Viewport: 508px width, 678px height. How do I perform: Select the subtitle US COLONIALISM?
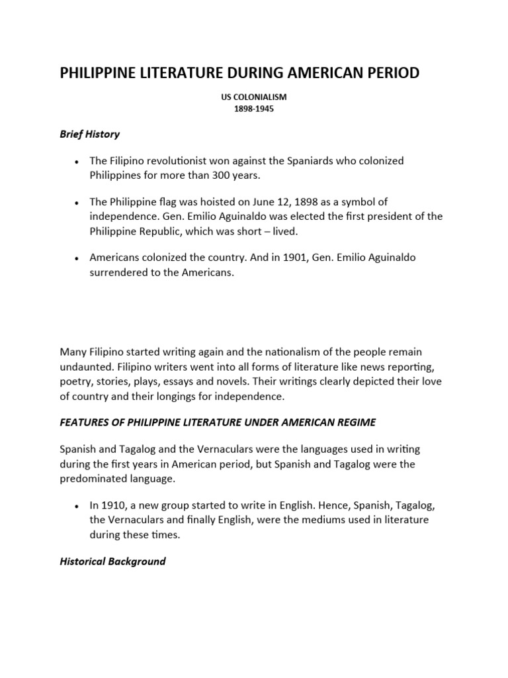click(253, 97)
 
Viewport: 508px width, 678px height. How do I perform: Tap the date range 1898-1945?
click(253, 109)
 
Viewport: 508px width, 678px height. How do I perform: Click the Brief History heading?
click(90, 134)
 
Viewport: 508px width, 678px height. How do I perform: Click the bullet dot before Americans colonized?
click(78, 258)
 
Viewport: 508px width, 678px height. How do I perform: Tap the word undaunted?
click(87, 365)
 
